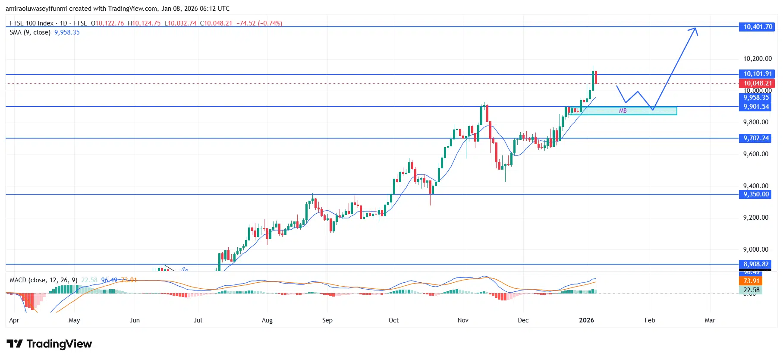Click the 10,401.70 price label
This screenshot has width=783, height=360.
pos(758,27)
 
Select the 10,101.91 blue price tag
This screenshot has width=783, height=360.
pos(758,74)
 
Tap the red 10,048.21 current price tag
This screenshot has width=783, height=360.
pos(758,83)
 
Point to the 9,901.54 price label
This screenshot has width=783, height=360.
pos(756,107)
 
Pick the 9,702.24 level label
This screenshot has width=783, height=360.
pos(756,138)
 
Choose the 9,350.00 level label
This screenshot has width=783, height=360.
pos(756,194)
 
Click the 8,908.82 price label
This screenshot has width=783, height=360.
pos(756,264)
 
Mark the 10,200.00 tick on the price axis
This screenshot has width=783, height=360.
pos(757,59)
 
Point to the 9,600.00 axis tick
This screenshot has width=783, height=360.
pos(755,154)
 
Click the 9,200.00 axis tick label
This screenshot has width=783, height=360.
pos(755,218)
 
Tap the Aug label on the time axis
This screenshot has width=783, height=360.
pos(267,320)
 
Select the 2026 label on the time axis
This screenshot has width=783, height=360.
pos(586,320)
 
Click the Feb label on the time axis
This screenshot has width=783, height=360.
pos(650,320)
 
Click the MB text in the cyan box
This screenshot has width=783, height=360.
pos(623,111)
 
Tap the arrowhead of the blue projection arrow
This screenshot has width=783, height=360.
pos(695,29)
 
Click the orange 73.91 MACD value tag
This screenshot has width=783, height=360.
pos(751,281)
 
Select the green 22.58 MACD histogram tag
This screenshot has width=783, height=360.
pos(751,290)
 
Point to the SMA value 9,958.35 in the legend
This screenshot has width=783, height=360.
pos(67,32)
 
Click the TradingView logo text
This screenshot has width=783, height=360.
pos(59,344)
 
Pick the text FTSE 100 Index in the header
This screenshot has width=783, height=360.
pos(31,23)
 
